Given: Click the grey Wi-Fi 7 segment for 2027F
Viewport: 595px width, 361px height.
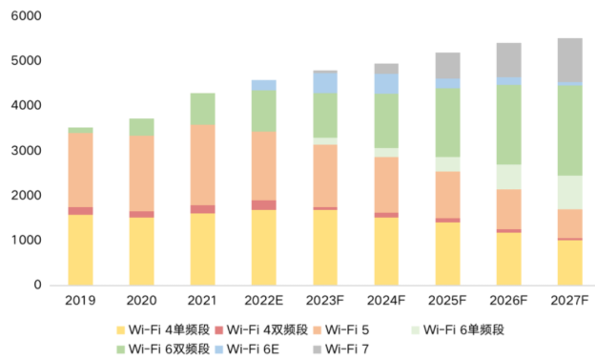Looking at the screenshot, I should click(x=569, y=60).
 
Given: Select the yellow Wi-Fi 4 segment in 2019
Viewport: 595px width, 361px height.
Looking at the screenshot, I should click(x=80, y=249).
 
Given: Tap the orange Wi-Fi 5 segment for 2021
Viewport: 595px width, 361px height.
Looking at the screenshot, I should click(x=202, y=164).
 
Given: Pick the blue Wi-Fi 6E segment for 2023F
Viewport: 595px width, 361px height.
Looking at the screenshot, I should click(x=324, y=83).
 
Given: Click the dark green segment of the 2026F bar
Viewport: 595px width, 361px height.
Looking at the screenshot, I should click(x=508, y=124).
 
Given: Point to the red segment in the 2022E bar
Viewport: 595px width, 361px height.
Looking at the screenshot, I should click(x=263, y=204).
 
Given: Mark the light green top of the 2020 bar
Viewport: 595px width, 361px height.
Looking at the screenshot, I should click(x=141, y=126).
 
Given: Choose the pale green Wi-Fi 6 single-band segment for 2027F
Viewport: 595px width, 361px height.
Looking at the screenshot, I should click(x=569, y=192).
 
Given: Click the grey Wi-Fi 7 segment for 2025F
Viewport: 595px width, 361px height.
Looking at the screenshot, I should click(x=447, y=65).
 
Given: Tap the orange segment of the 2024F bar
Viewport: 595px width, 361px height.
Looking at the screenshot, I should click(x=386, y=184).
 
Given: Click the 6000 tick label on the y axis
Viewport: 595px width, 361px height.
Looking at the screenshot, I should click(x=31, y=16).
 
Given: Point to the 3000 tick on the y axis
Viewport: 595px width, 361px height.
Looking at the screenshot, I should click(x=31, y=151).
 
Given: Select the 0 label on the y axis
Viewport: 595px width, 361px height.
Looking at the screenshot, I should click(x=38, y=286).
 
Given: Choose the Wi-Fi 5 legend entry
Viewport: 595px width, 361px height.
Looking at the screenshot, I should click(x=349, y=330).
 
